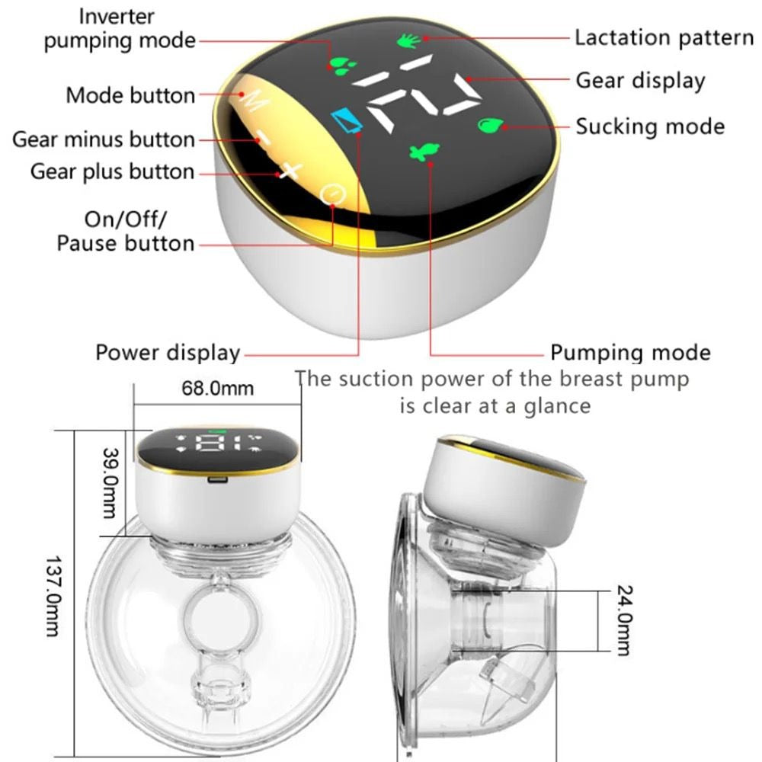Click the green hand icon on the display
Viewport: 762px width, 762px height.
(x=408, y=41)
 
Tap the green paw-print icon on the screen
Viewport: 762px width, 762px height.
(x=343, y=66)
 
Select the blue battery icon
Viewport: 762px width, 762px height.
(x=347, y=120)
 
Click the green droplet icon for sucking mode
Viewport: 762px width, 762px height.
(x=490, y=126)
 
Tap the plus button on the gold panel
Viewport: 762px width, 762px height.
(x=290, y=171)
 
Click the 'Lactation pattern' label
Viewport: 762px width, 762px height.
(x=664, y=38)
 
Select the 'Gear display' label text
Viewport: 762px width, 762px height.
(x=640, y=81)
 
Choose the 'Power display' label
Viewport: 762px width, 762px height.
(x=168, y=353)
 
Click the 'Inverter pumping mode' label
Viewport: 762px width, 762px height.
(x=120, y=29)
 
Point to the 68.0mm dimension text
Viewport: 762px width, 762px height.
(x=218, y=389)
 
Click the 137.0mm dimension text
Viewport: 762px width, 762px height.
(x=53, y=597)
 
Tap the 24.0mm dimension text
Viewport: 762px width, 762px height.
(x=625, y=620)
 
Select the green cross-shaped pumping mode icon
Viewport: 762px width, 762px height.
(x=424, y=151)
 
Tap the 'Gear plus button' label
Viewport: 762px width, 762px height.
(x=112, y=172)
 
